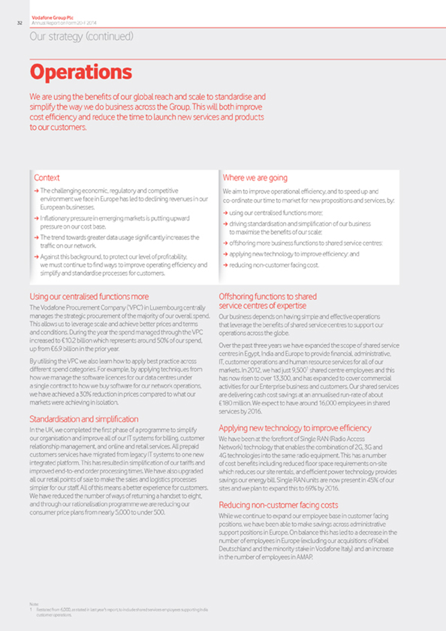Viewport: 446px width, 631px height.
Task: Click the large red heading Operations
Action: coord(80,71)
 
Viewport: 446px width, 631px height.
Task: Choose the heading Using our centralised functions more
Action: coord(89,296)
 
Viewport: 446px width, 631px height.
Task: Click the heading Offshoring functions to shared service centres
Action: coord(267,301)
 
